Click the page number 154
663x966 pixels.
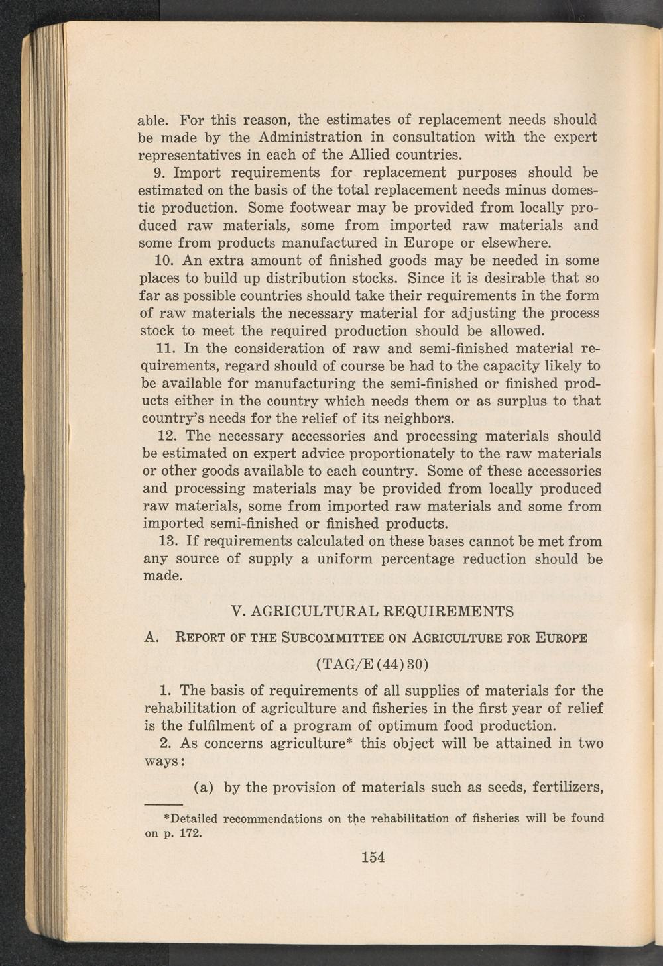[373, 857]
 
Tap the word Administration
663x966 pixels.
[308, 138]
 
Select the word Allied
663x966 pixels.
[365, 155]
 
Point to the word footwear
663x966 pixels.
[276, 207]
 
